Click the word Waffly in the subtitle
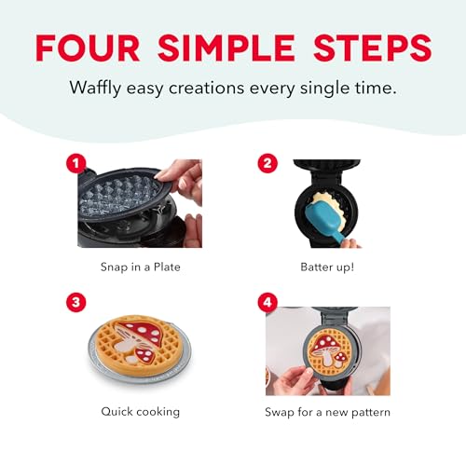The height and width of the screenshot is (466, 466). (95, 88)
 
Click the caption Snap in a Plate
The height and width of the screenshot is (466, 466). (140, 267)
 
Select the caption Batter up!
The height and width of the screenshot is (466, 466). (326, 267)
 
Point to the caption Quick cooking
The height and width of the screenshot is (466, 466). (140, 409)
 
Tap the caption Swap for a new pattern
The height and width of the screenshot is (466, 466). (326, 409)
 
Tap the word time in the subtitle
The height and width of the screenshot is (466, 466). (372, 88)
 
